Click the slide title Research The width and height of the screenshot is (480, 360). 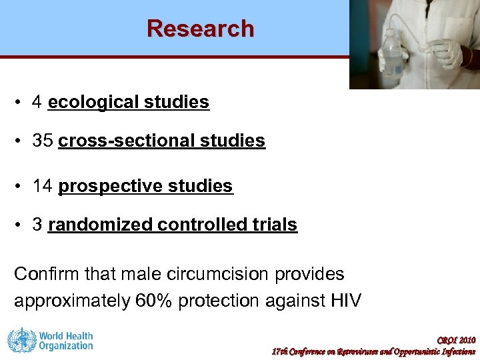tap(201, 29)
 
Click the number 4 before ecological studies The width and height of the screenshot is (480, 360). tap(38, 103)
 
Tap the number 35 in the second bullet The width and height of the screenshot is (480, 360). tap(43, 141)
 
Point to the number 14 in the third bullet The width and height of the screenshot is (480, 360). tap(43, 186)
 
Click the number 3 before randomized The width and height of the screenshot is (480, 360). tap(38, 225)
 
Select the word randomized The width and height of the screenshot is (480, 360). tap(100, 225)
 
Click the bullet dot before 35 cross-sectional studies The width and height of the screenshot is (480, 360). tap(22, 141)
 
